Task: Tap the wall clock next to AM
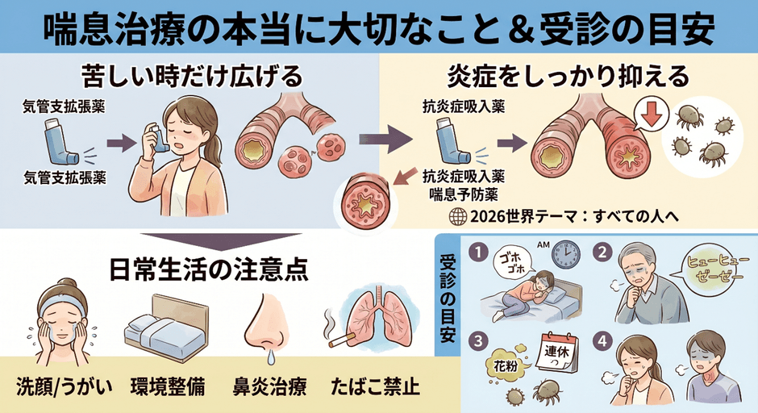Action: click(567, 256)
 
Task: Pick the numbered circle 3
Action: click(481, 339)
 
